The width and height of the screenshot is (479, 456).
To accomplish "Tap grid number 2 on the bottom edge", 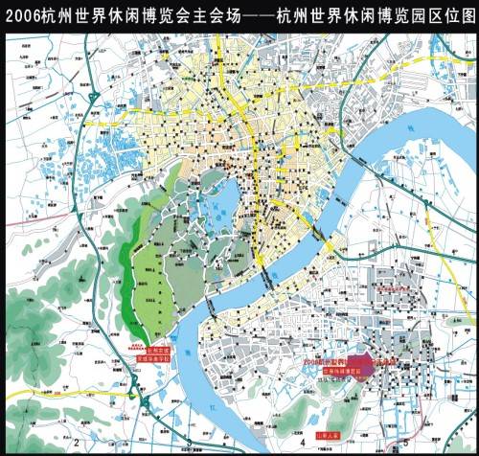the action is [x=74, y=443].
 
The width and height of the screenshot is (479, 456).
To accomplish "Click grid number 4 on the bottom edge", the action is [x=302, y=443].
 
